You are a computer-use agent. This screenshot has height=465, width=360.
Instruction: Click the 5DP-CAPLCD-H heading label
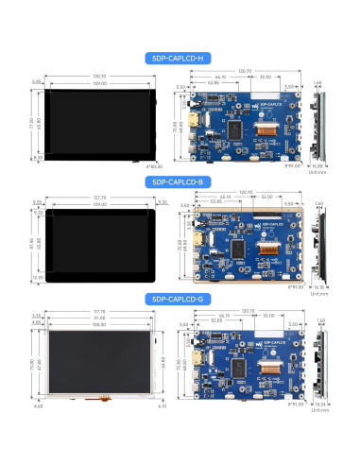tap(179, 59)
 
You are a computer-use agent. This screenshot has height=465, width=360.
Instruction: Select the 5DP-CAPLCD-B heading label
tap(179, 180)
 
